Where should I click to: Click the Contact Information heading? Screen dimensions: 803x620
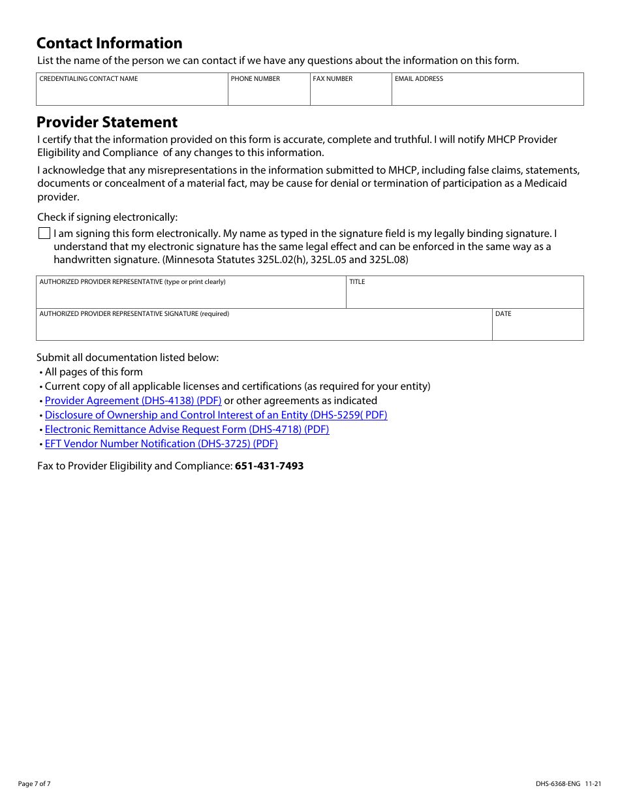(x=109, y=43)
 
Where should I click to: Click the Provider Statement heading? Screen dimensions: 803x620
(x=107, y=122)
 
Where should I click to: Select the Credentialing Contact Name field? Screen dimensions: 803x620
(x=132, y=93)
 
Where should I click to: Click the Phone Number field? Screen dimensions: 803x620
(x=269, y=93)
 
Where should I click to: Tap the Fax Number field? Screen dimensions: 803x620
(x=350, y=93)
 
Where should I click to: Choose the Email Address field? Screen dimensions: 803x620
(x=488, y=93)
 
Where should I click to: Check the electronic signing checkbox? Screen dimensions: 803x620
(x=44, y=233)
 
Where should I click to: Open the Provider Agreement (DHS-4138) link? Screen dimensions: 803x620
(x=133, y=401)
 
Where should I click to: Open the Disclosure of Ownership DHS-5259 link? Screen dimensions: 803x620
(x=216, y=415)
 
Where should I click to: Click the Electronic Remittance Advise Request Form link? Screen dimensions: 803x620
(x=187, y=430)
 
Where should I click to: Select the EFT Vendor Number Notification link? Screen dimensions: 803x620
(x=161, y=444)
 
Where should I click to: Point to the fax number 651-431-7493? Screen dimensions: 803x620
(x=269, y=466)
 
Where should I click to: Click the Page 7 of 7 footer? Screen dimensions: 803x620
(x=34, y=783)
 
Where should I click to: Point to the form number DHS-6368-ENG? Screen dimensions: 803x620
(x=558, y=783)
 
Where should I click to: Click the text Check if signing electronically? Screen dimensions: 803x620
(x=107, y=217)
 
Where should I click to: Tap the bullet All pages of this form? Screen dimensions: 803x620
(x=93, y=372)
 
